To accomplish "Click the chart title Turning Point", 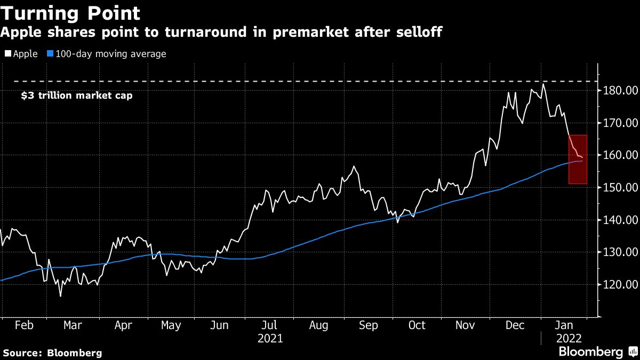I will (x=70, y=13).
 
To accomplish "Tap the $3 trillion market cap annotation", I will (x=76, y=96).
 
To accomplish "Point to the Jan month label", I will (x=564, y=325).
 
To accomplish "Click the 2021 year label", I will (x=270, y=338).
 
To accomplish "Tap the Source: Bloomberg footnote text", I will (x=52, y=353).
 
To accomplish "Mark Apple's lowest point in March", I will (x=60, y=296).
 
